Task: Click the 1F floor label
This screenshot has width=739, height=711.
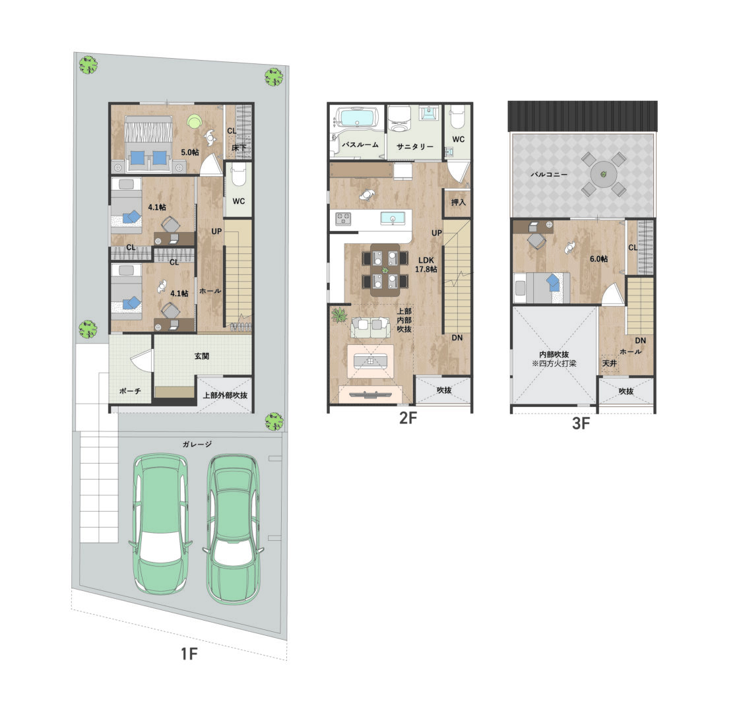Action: (189, 654)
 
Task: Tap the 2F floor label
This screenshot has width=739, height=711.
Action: (408, 417)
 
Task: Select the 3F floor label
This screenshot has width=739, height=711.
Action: (581, 423)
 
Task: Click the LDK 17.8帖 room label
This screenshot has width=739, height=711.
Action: (426, 264)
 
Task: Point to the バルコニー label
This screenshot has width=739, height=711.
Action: (549, 174)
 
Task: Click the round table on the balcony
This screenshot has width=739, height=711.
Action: (604, 174)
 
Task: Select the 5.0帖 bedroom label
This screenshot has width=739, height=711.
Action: (190, 152)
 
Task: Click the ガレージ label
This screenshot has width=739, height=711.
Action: (197, 444)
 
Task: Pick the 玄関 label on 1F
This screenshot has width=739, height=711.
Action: (202, 356)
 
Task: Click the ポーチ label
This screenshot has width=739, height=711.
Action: (130, 391)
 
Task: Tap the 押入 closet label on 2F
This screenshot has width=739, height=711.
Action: (458, 202)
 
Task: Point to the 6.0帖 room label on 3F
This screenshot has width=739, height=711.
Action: (598, 259)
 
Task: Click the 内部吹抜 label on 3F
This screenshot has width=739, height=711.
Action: (554, 354)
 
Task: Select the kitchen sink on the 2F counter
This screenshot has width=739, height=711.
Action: (392, 219)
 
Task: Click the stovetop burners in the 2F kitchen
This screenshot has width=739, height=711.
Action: (343, 218)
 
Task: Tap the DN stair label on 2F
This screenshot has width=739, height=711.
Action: (457, 338)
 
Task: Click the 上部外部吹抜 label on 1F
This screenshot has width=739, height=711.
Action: (225, 395)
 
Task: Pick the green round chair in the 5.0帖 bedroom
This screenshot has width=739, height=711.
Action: (194, 121)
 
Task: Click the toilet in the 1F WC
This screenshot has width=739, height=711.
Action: (239, 175)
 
